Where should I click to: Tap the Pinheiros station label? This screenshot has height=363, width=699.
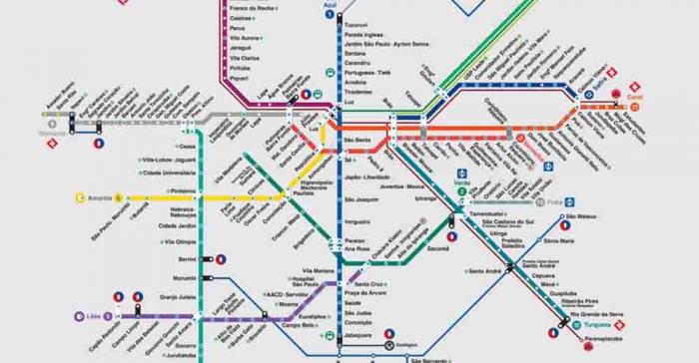click(x=183, y=190)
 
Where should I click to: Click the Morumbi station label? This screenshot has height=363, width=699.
click(x=185, y=277)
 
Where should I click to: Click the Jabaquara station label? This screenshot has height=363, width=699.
click(x=359, y=334)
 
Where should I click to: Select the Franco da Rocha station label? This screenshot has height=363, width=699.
click(x=251, y=8)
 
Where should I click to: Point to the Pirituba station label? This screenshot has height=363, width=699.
click(x=240, y=66)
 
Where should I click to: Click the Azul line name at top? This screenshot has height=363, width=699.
click(x=331, y=6)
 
